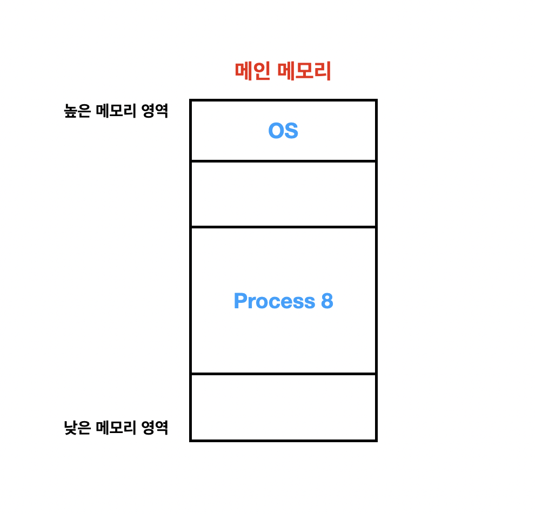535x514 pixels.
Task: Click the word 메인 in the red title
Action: [252, 72]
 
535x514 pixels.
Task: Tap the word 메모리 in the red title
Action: [304, 72]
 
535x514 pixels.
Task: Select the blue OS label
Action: [283, 131]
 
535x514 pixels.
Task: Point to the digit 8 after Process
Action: [327, 301]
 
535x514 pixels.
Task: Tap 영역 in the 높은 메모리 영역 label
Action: [155, 111]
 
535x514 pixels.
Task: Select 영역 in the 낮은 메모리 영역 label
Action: [155, 428]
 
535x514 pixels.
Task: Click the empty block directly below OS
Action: [283, 194]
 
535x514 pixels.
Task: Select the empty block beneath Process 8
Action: [283, 407]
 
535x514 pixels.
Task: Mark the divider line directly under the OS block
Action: [283, 161]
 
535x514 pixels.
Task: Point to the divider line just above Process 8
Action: [283, 227]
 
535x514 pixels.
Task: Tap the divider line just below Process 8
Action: [283, 374]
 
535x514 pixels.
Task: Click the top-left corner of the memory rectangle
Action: [191, 100]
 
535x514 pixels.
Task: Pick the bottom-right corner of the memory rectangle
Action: [376, 440]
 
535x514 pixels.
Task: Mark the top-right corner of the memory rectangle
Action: [376, 100]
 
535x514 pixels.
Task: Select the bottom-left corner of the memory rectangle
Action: [191, 440]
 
